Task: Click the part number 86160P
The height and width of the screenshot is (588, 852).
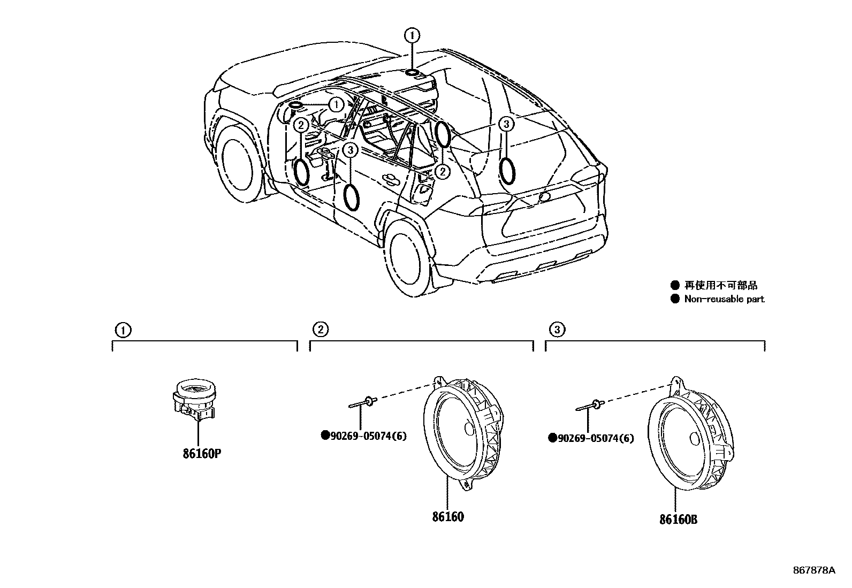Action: [x=202, y=454]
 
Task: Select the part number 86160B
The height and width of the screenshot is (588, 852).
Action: [x=678, y=519]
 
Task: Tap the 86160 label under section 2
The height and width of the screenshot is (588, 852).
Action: [x=448, y=516]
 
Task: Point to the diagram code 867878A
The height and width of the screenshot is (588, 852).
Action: [x=813, y=570]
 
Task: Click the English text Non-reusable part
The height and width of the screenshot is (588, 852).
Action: [x=724, y=299]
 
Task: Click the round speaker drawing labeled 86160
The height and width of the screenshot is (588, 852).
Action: [x=463, y=431]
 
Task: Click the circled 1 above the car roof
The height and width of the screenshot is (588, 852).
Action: [x=412, y=36]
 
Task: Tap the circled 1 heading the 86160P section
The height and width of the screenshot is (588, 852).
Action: [x=123, y=330]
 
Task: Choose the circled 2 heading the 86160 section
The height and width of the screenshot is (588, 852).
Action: [x=321, y=330]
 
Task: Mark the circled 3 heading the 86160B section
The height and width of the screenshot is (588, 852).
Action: [x=557, y=330]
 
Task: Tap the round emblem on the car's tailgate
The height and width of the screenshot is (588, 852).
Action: [x=545, y=197]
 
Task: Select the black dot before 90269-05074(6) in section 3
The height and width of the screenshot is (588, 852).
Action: [x=552, y=438]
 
